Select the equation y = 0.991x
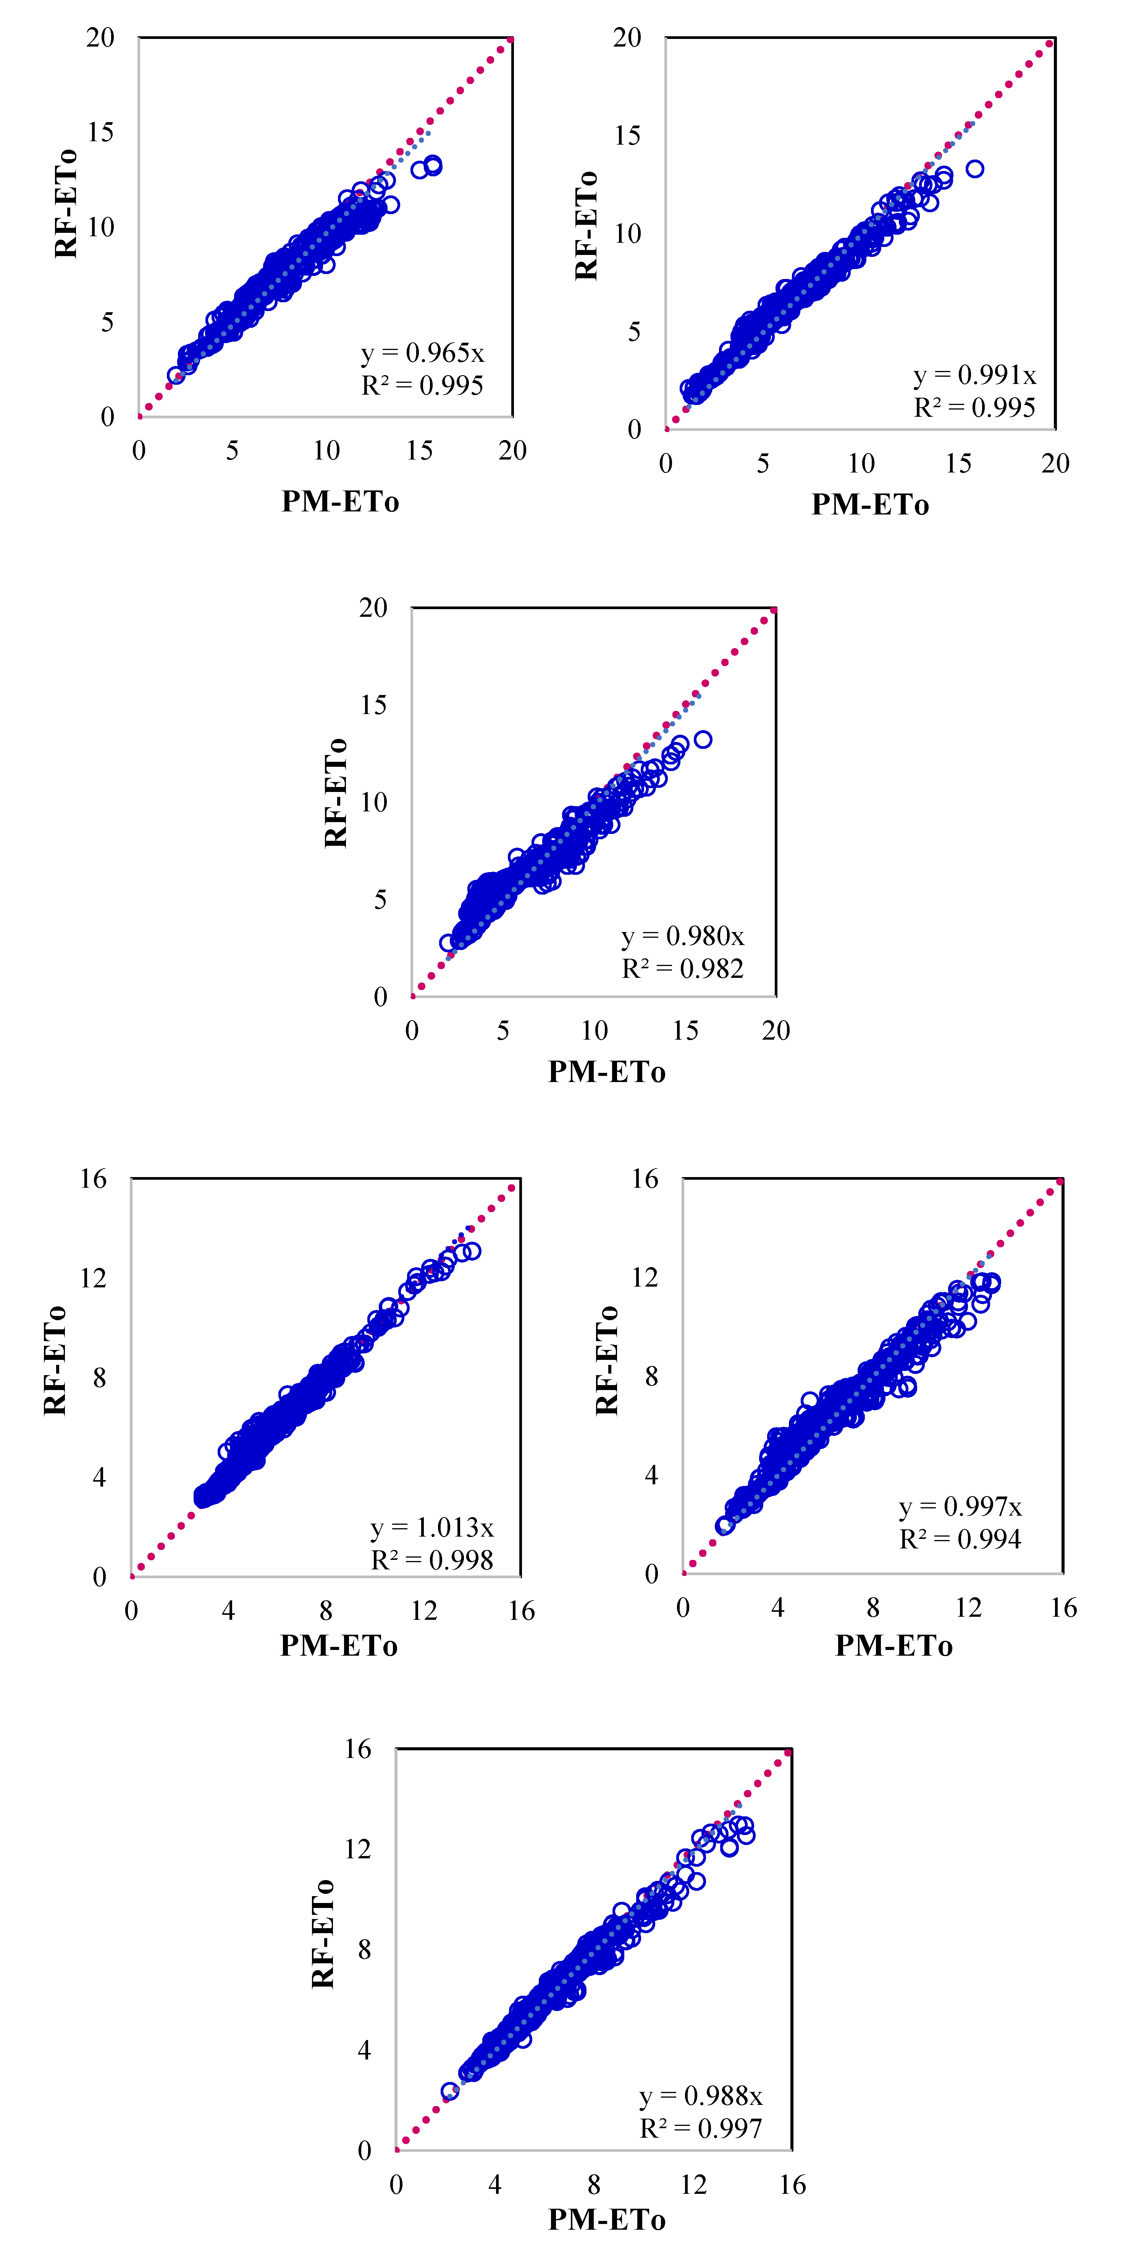tap(975, 376)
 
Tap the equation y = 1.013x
tap(432, 1528)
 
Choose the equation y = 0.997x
tap(961, 1507)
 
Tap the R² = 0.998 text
tap(432, 1560)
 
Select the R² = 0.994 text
tap(961, 1539)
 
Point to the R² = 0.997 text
tap(701, 2129)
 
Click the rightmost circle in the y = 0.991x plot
tap(975, 169)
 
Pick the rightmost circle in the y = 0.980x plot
tap(703, 739)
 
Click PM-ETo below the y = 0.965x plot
tap(340, 501)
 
